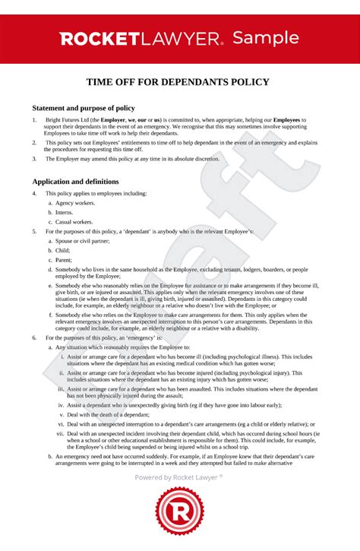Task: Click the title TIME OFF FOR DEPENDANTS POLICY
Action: [x=180, y=82]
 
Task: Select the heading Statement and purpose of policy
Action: [x=85, y=107]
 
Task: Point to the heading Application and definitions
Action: [x=75, y=182]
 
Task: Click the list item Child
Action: [x=63, y=249]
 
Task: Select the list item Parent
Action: [x=65, y=259]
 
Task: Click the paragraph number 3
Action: [x=34, y=159]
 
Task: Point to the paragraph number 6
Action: [x=34, y=336]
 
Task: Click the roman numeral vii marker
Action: [x=60, y=433]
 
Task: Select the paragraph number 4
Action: [x=34, y=193]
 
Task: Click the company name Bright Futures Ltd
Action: [x=68, y=120]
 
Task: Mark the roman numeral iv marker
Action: [x=61, y=405]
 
